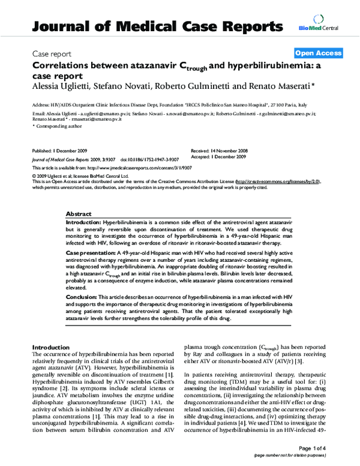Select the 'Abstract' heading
[x=79, y=214]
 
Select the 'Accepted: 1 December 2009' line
[x=221, y=155]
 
